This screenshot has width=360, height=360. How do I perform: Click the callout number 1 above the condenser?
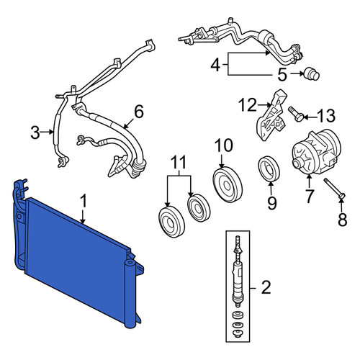tap(83, 201)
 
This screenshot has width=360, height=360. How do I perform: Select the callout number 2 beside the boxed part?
tap(266, 287)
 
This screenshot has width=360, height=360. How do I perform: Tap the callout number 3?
tap(35, 132)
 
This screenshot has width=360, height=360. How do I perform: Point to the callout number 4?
tap(215, 65)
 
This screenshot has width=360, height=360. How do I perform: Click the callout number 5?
tap(282, 74)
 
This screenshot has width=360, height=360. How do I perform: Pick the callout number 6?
tap(139, 112)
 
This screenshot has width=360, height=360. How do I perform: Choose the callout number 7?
tap(309, 196)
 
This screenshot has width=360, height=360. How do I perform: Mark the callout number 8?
tap(343, 220)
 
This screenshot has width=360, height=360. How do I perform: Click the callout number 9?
tap(272, 203)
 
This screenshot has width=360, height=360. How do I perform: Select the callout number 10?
tap(223, 145)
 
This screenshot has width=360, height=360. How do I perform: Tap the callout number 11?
tap(179, 162)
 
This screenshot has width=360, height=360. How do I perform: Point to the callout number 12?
tap(248, 105)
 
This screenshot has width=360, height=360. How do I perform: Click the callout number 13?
tap(325, 116)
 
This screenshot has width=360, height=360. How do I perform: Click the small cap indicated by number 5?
tap(312, 74)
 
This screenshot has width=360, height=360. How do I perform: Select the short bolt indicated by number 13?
tap(297, 114)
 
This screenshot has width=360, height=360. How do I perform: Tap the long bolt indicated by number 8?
tap(335, 189)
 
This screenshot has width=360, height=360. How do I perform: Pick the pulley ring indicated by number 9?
tap(269, 168)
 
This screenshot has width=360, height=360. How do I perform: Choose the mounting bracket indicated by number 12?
tap(272, 114)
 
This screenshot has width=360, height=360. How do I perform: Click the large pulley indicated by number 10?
tap(228, 184)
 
